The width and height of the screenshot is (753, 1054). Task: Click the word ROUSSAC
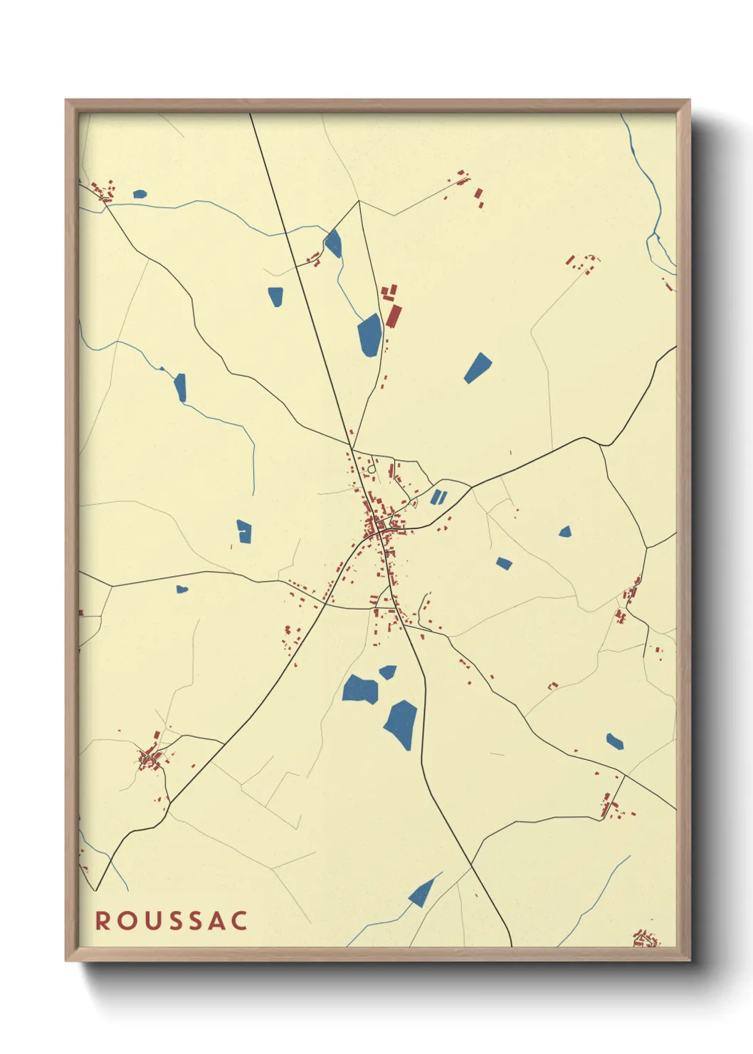[172, 920]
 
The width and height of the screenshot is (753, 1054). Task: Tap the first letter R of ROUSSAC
[102, 920]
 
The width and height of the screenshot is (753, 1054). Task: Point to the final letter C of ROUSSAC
[239, 920]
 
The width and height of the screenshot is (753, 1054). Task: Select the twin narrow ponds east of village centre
[438, 496]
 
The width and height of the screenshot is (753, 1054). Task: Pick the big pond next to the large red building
[369, 335]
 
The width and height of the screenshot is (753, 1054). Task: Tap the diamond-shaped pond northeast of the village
[478, 368]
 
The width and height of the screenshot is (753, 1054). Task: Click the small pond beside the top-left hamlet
[139, 194]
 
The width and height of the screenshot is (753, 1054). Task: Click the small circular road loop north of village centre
[372, 469]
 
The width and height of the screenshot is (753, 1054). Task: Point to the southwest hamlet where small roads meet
[149, 758]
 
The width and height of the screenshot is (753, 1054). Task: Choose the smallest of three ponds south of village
[388, 672]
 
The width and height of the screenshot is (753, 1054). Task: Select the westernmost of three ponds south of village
[360, 689]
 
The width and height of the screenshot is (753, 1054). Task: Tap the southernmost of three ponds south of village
[402, 723]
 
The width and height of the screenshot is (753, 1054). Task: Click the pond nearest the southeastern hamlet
[614, 741]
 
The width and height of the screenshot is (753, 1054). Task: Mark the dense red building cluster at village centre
[377, 526]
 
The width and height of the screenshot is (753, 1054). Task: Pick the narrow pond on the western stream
[180, 387]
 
